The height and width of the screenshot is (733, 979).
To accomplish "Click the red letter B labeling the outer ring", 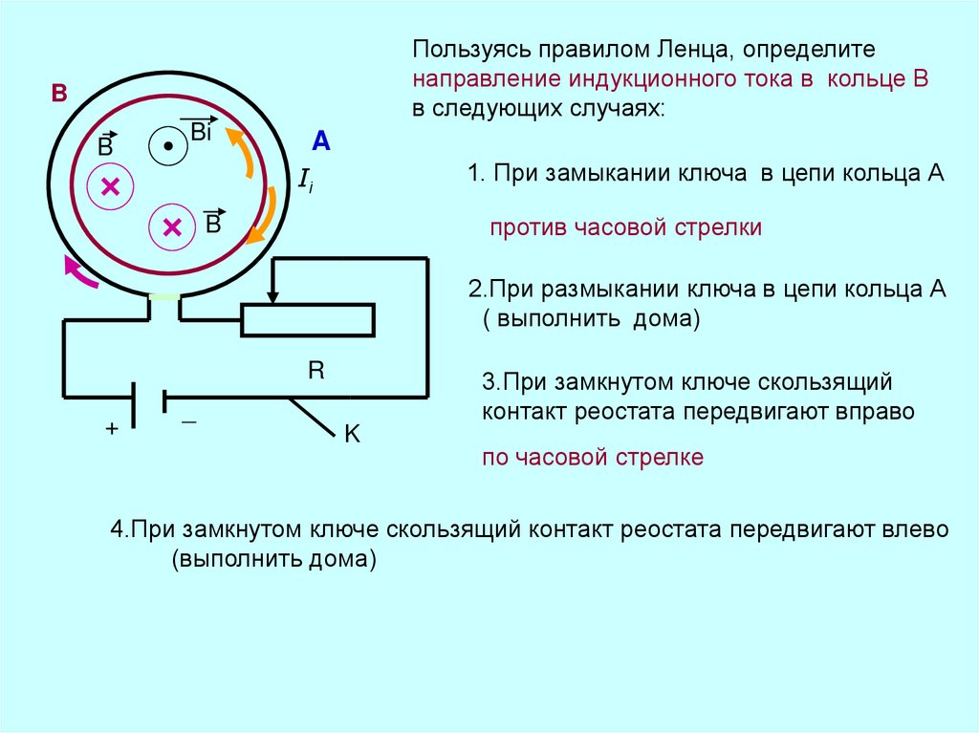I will (x=59, y=94).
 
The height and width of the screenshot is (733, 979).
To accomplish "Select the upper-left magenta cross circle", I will (x=110, y=187).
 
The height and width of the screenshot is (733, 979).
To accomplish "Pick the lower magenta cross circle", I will (x=172, y=226).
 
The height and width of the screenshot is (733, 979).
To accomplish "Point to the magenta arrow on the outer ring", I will (x=78, y=273).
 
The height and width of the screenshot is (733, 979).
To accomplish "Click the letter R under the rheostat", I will (x=315, y=371).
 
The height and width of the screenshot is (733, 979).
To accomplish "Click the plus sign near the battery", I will (x=112, y=430).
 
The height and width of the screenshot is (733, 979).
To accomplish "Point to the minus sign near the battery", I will (x=188, y=421).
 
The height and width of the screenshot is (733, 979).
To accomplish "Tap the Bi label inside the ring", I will (x=201, y=132).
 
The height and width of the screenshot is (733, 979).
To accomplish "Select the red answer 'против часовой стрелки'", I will (x=626, y=228).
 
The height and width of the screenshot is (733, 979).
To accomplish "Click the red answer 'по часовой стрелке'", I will (x=593, y=458).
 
